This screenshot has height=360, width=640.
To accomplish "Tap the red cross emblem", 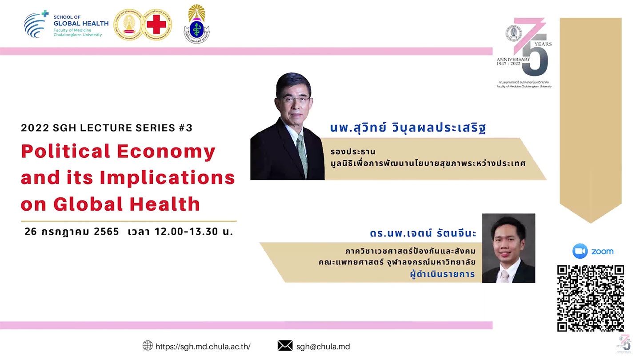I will [x=156, y=24].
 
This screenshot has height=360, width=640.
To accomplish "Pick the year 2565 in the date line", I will [x=106, y=232].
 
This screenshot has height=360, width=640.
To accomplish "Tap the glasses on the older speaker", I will [x=295, y=99].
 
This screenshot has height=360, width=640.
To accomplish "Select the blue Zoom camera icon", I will [x=580, y=251].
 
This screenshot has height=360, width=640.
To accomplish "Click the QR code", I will [x=590, y=298].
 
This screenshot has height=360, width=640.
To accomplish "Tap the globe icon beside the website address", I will [x=148, y=346].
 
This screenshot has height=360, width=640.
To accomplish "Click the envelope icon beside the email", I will [x=285, y=346].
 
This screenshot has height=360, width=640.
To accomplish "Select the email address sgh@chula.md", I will [x=323, y=347].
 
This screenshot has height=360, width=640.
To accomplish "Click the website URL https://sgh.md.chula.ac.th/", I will [x=203, y=347].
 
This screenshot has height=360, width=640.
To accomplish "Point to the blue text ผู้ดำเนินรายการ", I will [x=443, y=274].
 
